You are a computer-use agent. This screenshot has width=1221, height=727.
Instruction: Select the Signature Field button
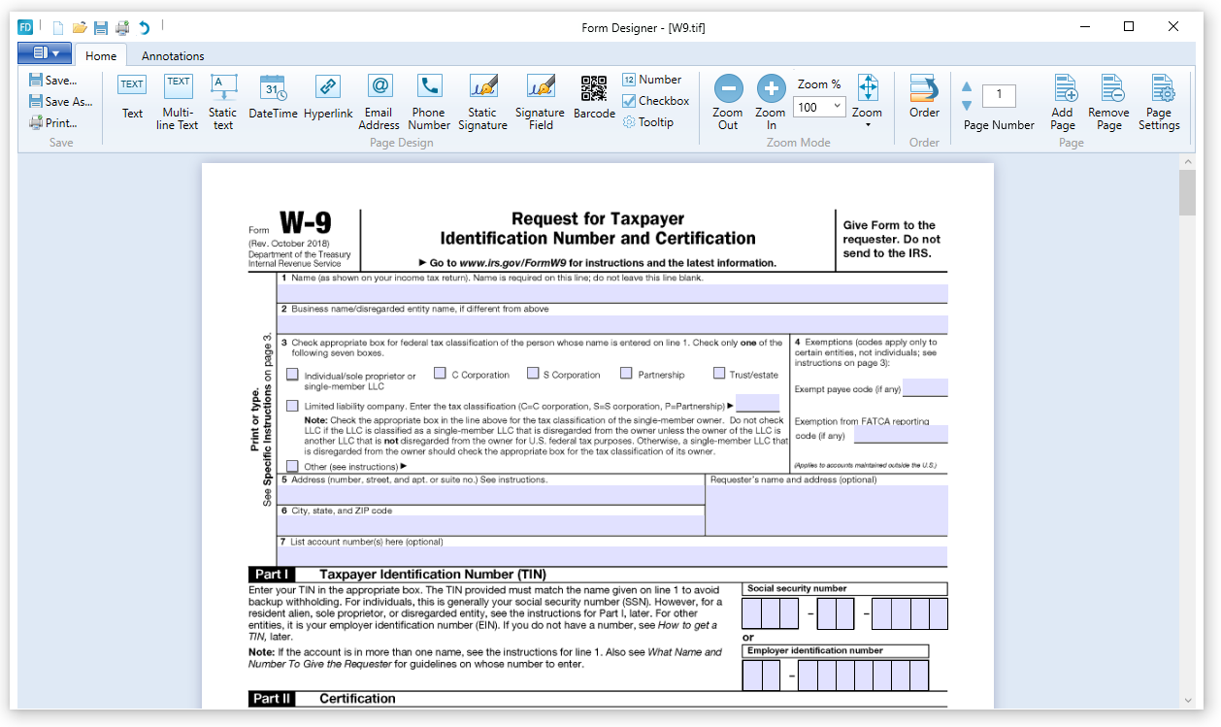(x=541, y=101)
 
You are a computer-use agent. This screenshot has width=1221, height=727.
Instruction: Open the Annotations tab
(x=173, y=56)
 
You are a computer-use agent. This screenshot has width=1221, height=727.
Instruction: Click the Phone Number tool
(x=429, y=101)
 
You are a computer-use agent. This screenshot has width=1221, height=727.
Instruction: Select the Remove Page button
(x=1108, y=101)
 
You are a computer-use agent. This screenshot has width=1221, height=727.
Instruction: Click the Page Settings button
(x=1159, y=101)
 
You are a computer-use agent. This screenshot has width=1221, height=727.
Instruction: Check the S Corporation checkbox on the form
(x=533, y=374)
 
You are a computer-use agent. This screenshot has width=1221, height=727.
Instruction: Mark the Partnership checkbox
(x=626, y=374)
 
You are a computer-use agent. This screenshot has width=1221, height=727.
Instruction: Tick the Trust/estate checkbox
(x=719, y=374)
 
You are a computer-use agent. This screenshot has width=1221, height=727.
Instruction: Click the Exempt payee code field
(x=924, y=388)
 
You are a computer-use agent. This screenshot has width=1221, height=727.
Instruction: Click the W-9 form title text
(x=305, y=224)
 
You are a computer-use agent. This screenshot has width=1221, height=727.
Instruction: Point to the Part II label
(x=272, y=698)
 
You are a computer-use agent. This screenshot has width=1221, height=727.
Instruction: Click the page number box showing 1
(x=999, y=95)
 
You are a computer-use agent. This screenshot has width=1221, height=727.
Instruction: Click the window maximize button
(x=1129, y=27)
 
